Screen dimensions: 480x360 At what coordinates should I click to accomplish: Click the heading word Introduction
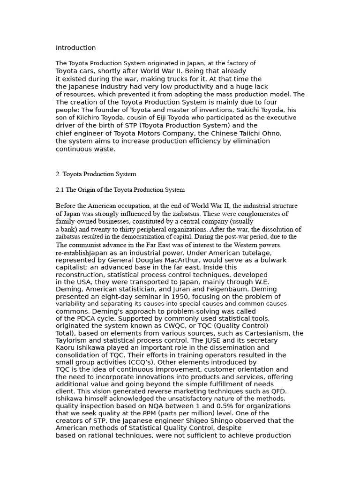(75, 48)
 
